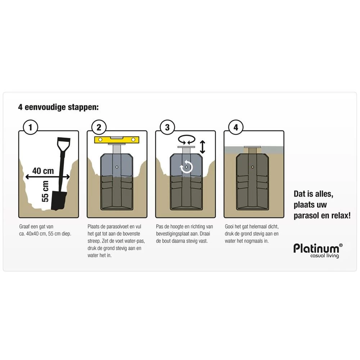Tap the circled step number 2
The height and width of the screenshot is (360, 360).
[99, 127]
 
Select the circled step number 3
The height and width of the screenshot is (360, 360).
[167, 127]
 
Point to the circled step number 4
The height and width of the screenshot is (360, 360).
[236, 127]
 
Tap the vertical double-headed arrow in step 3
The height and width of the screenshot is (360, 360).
[202, 147]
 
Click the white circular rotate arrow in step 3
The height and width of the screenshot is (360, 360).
[186, 167]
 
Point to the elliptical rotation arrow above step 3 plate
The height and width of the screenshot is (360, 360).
[186, 139]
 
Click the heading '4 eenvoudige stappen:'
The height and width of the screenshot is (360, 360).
[58, 107]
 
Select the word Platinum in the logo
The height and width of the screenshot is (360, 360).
[316, 248]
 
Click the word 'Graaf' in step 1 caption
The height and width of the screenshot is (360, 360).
[25, 227]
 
